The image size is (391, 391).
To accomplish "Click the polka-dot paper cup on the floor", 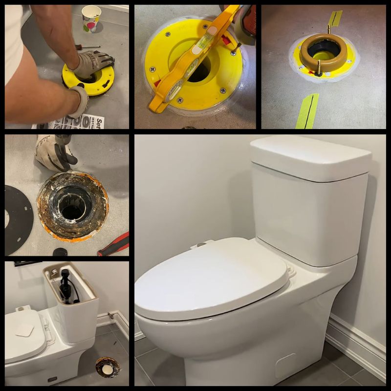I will pos(91,19).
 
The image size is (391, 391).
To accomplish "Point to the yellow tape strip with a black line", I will pos(307,111).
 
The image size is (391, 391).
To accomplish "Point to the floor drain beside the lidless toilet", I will pos(108,367).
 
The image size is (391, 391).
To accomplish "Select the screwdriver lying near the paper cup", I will pos(88,47).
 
